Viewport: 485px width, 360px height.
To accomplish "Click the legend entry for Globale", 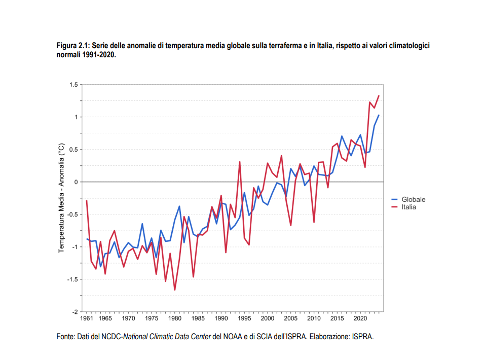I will tap(413, 199).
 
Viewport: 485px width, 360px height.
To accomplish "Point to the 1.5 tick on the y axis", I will tap(73, 85).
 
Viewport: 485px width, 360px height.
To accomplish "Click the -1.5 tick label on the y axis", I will tap(72, 279).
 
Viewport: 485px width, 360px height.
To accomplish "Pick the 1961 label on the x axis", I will tap(87, 319).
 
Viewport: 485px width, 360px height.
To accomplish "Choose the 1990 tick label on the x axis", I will tap(221, 319).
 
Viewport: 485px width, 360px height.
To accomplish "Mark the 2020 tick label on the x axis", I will tap(360, 319).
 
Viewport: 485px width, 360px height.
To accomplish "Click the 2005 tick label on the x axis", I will tap(290, 319).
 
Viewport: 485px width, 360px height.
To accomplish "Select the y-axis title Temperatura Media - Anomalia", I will tap(61, 198).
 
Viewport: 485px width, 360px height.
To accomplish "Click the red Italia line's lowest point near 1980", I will tap(175, 290).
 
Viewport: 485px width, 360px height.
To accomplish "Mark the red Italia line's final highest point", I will tap(379, 96).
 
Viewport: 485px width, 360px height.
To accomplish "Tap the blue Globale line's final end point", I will tap(379, 115).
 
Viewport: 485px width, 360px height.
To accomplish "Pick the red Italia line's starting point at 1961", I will tap(87, 201).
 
